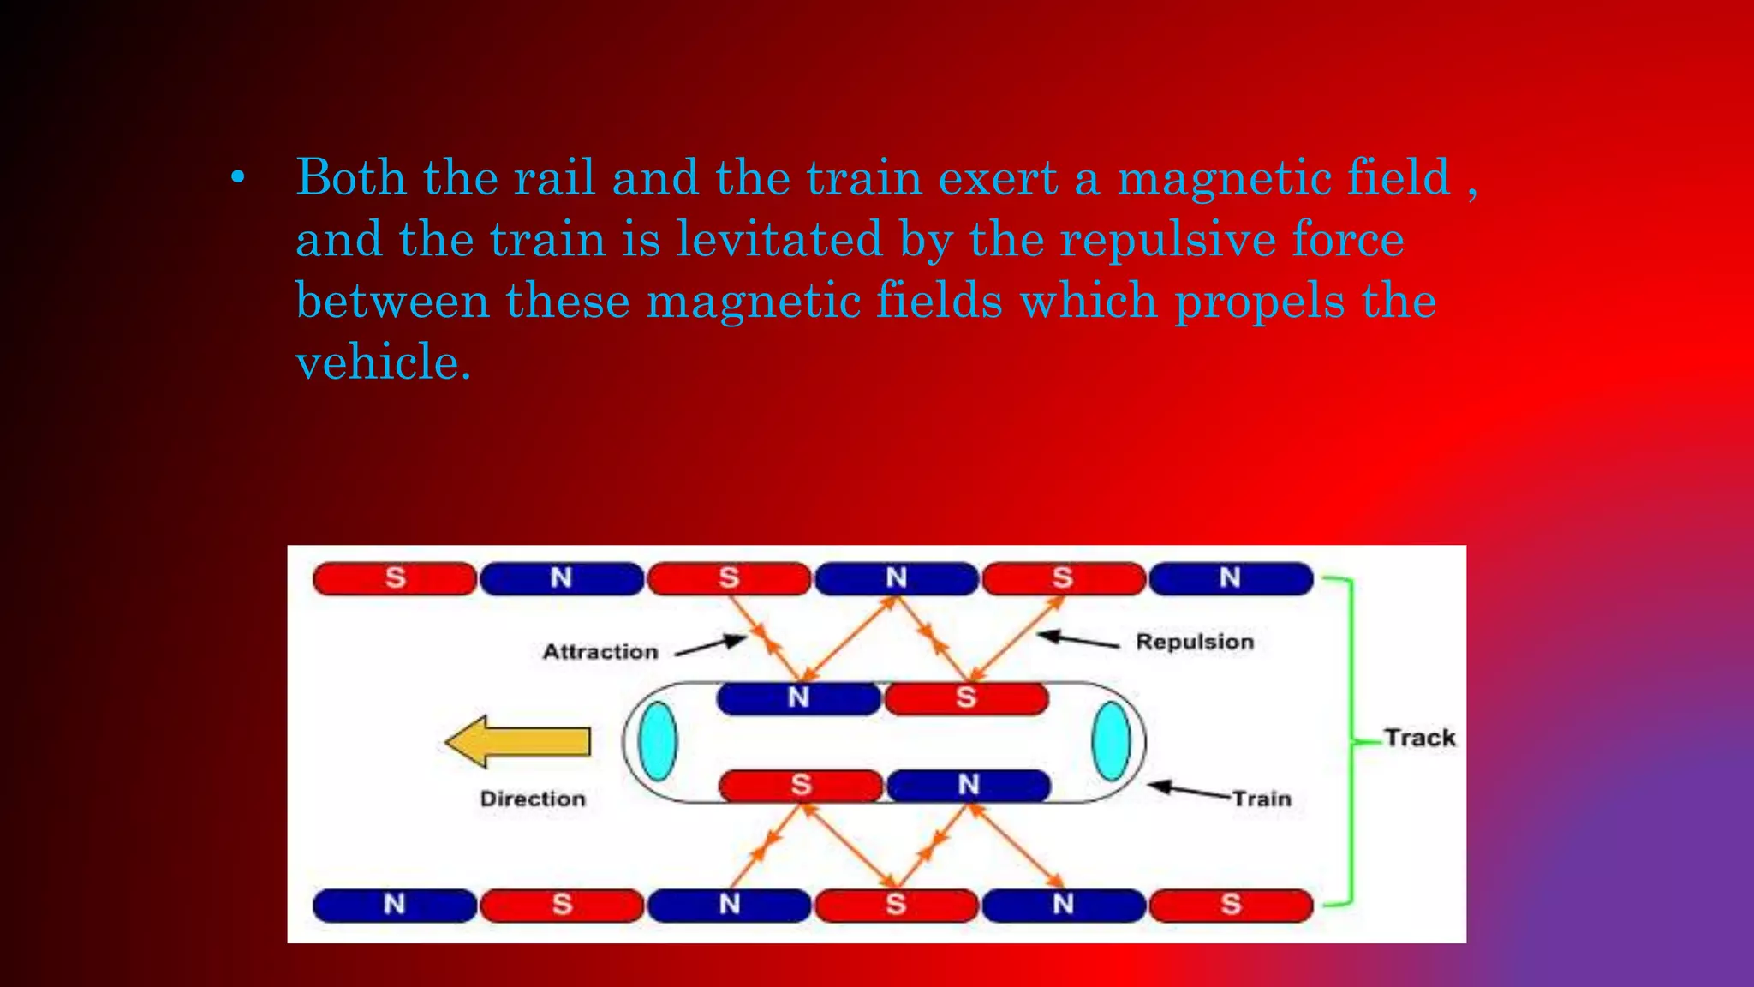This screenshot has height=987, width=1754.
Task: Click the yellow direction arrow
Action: pos(518,741)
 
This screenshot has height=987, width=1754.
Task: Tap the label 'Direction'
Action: pos(533,799)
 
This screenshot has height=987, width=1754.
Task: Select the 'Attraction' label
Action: pos(600,652)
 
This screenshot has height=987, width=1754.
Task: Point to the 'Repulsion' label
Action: pos(1194,642)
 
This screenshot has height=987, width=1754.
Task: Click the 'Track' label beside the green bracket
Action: pos(1419,738)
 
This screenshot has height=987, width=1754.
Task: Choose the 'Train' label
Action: pos(1262,799)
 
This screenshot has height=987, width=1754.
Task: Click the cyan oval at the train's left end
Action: pos(658,741)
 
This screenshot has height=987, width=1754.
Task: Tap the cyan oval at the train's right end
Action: pos(1111,741)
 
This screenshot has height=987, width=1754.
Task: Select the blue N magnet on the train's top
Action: pos(798,697)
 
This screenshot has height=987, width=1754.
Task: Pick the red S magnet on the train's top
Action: pos(966,697)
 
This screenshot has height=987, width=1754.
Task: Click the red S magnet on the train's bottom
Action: pos(801,785)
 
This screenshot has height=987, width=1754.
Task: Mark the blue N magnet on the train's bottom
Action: pos(969,785)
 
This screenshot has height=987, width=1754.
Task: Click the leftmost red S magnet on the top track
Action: pos(395,578)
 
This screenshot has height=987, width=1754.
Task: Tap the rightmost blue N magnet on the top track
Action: pos(1230,578)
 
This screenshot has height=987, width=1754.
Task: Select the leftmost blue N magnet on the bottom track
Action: pos(394,905)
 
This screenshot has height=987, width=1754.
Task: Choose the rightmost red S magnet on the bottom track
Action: pos(1231,905)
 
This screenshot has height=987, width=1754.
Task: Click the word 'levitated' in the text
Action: pos(779,239)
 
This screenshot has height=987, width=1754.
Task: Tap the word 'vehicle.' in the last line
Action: pos(383,362)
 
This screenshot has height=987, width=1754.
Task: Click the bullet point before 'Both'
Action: pos(238,179)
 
